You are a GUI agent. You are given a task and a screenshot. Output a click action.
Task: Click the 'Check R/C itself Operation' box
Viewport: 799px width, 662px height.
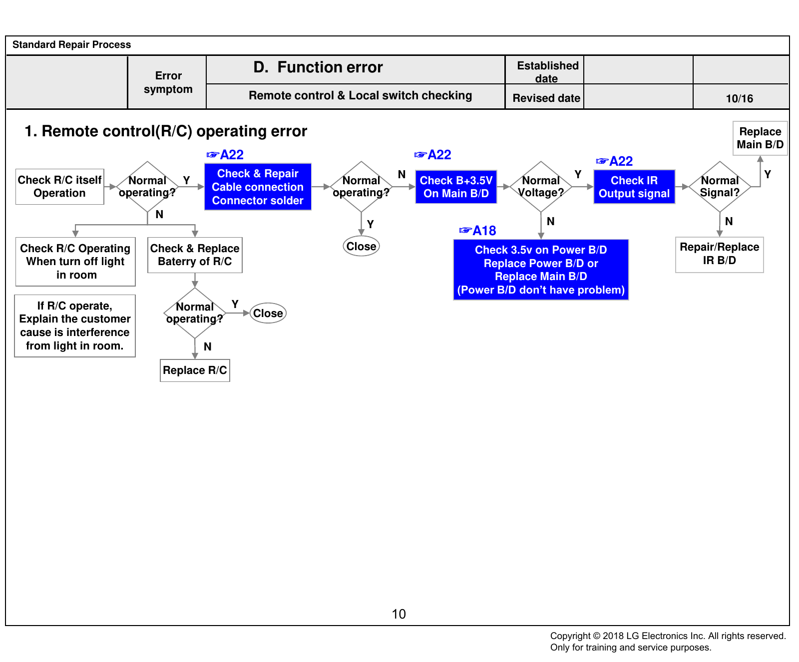point(60,187)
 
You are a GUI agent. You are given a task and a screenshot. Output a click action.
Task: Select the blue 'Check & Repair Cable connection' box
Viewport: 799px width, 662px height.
point(258,187)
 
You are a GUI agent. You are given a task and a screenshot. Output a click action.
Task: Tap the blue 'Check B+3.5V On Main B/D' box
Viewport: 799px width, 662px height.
point(456,187)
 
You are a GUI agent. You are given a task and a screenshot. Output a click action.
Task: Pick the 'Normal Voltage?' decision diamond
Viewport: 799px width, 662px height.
point(541,187)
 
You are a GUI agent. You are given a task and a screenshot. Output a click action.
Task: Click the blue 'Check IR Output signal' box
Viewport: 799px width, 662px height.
point(634,187)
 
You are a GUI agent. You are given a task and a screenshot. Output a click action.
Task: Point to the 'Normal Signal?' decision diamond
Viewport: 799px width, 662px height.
point(720,187)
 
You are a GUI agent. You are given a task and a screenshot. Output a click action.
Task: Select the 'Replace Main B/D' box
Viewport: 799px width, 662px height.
point(760,138)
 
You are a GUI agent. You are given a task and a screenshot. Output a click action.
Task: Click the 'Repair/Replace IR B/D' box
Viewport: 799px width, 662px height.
point(720,255)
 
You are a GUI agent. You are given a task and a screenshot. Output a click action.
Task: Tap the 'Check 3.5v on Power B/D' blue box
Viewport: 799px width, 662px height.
point(541,270)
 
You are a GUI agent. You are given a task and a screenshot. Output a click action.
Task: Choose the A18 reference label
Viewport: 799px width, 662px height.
point(478,231)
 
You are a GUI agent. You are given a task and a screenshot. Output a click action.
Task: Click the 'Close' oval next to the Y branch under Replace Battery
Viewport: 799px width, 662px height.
point(268,314)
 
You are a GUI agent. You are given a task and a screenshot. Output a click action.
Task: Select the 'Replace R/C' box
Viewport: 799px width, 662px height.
point(195,370)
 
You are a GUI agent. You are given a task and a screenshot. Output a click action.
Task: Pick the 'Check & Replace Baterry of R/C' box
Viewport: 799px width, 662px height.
point(195,255)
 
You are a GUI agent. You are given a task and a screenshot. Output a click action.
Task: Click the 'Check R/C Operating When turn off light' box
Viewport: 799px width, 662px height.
point(75,262)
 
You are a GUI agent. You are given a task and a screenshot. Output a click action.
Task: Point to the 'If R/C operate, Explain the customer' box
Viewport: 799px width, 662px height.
point(75,326)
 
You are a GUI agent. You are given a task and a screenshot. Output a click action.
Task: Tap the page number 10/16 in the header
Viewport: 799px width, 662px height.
point(740,98)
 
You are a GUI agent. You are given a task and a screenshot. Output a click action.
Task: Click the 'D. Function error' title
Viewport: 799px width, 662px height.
point(318,67)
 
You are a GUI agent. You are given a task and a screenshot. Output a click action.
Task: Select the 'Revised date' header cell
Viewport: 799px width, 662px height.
point(546,98)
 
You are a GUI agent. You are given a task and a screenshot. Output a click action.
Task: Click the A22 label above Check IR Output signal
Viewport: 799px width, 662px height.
point(615,161)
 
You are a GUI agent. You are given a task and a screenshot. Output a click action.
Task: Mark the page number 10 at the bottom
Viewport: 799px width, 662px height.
point(399,614)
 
